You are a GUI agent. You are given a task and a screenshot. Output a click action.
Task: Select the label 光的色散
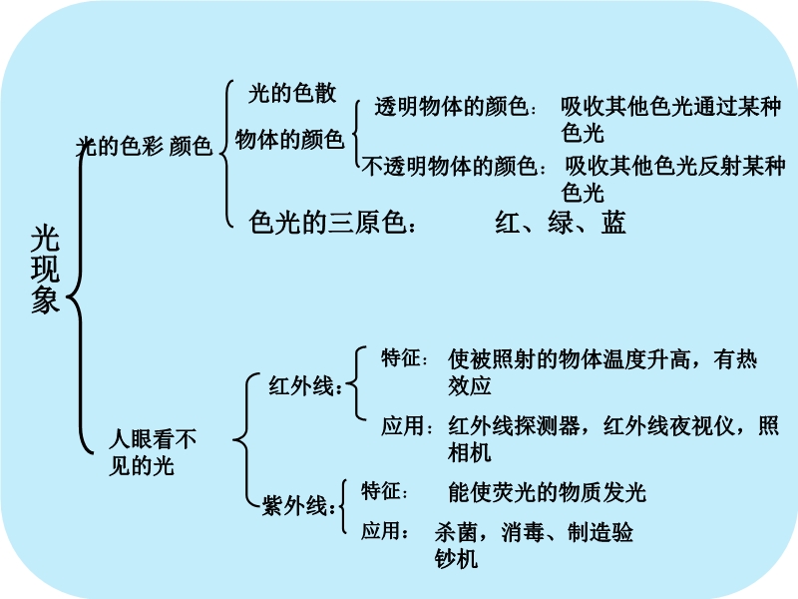pos(292,94)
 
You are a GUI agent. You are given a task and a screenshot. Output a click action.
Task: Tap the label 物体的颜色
pos(289,140)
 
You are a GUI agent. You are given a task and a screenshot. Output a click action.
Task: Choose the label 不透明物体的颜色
pos(453,166)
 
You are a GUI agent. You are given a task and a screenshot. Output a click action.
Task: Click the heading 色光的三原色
pos(333,224)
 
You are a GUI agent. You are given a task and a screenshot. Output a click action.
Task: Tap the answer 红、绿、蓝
pos(561,223)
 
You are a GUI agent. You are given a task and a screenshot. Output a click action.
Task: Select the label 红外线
pos(305,386)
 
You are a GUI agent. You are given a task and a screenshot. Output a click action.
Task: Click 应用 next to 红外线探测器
pos(406,427)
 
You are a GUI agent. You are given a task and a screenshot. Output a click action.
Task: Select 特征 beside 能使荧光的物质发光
pos(385,491)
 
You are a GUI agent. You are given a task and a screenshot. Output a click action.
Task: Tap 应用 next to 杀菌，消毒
pos(385,530)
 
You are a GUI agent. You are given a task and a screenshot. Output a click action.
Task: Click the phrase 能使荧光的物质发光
pos(548,492)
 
